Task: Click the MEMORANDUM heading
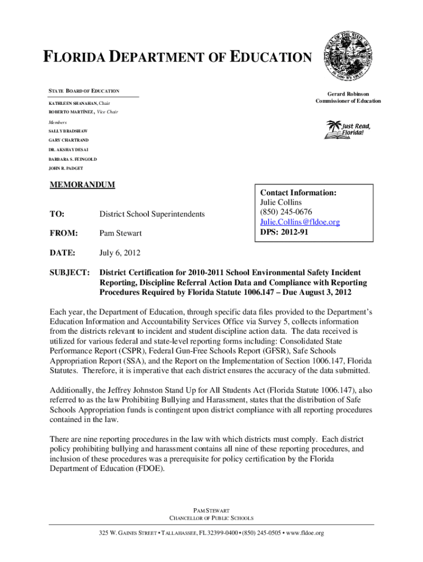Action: click(82, 185)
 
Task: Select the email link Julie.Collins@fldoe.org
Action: click(300, 222)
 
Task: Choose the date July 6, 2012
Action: click(120, 253)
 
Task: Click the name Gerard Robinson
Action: click(348, 94)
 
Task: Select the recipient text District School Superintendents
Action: click(152, 213)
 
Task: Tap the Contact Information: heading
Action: click(298, 193)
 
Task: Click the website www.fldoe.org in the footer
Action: click(302, 533)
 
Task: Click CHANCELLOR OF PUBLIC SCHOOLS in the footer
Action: click(211, 518)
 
